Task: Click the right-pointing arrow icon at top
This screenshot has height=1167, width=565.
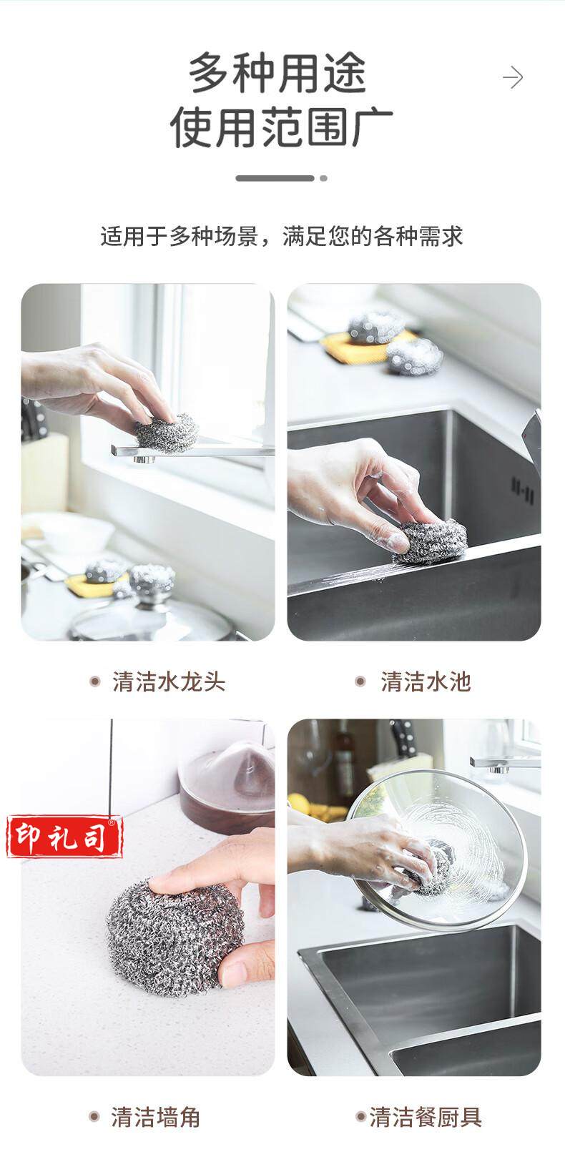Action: [513, 78]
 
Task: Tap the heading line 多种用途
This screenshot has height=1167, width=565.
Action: [277, 74]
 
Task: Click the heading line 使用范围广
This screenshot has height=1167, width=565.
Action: [282, 127]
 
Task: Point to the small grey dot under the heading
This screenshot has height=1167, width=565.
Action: [324, 178]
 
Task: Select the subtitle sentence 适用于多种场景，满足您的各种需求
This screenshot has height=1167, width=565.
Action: [282, 237]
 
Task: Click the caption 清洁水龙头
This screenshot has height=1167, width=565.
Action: [169, 681]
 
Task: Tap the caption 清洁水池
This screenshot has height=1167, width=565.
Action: [426, 681]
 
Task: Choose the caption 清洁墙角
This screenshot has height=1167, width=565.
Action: [155, 1117]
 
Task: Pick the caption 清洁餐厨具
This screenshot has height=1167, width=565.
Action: [426, 1117]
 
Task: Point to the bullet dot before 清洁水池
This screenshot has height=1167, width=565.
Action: [360, 681]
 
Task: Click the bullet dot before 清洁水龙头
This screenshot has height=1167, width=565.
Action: [95, 681]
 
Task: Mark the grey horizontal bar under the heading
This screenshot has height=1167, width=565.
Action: [275, 178]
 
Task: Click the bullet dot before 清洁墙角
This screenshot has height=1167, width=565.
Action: [94, 1116]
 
